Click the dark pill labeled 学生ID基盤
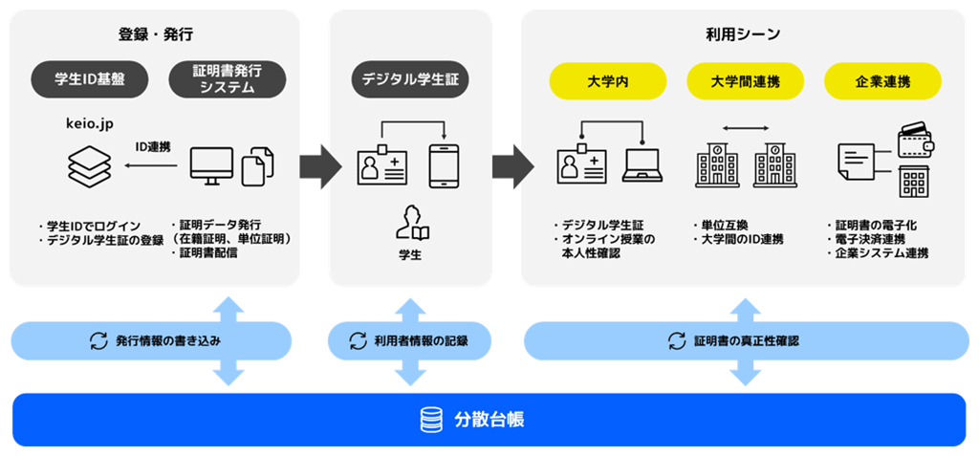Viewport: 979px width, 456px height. point(89,80)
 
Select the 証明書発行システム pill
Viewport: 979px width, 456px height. point(228,80)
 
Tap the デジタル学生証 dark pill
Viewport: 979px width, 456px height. point(409,80)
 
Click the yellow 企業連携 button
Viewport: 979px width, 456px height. point(882,80)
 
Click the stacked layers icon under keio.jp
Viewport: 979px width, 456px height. point(89,165)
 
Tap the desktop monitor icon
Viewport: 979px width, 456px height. point(211,166)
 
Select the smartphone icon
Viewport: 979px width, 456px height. point(444,165)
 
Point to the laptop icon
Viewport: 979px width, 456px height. point(642,165)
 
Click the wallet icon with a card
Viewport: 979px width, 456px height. point(918,139)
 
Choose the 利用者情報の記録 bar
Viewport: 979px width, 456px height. point(409,341)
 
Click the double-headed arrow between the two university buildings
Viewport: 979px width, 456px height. point(746,129)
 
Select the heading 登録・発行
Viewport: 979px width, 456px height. point(156,35)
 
